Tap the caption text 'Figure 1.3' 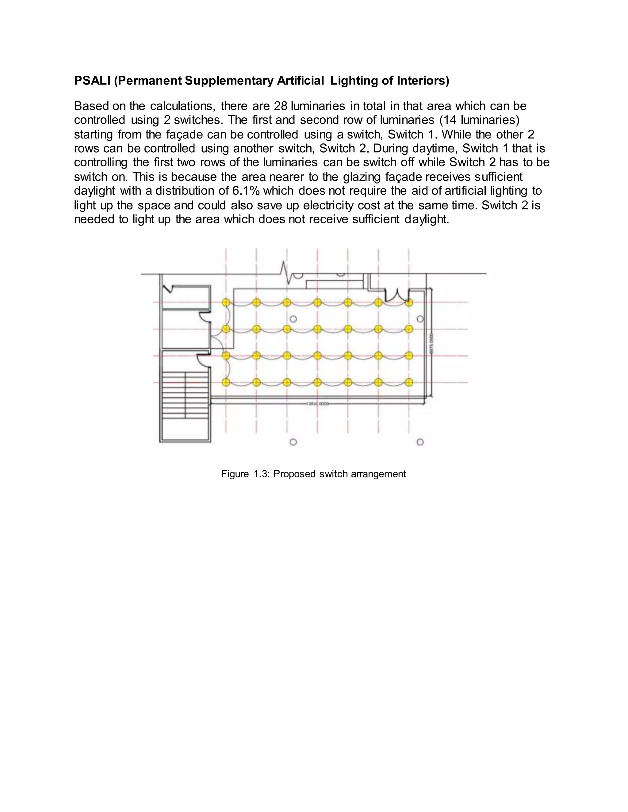pos(245,474)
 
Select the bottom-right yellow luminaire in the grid pos(409,382)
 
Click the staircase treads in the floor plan pos(185,394)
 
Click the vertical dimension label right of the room pos(432,344)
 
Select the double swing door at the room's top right pos(397,295)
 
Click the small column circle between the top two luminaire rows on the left pos(293,319)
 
